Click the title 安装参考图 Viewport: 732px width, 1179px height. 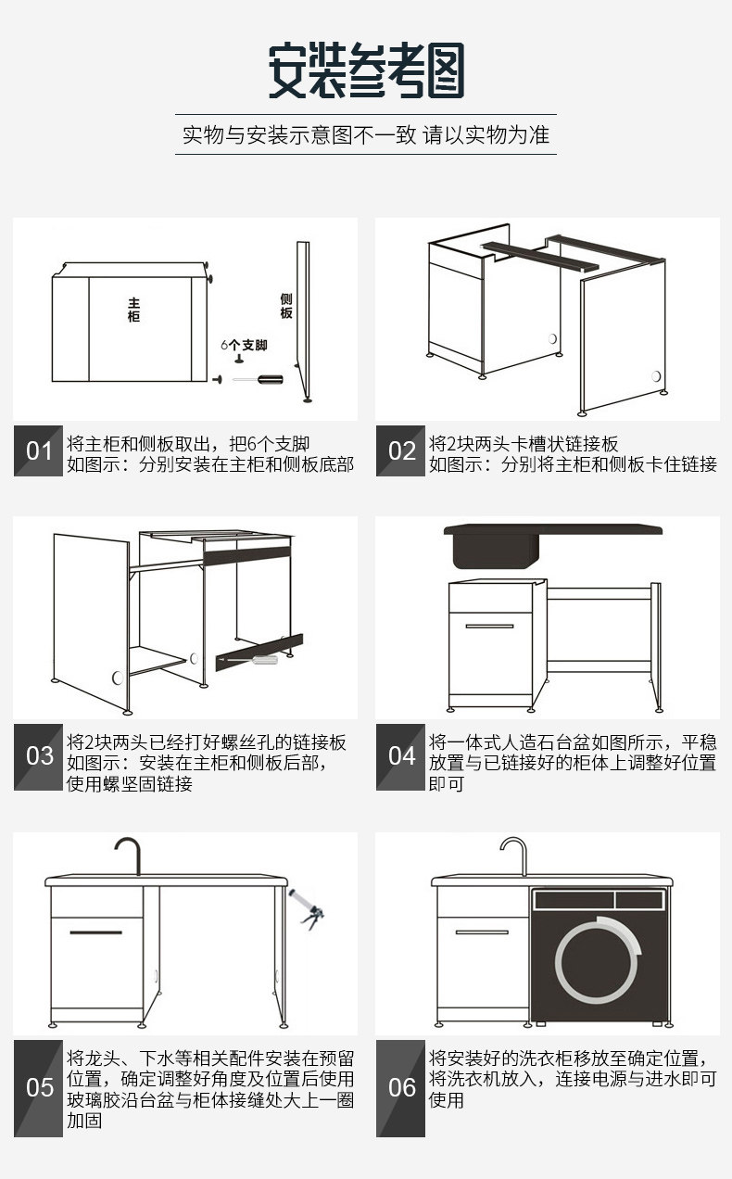point(366,71)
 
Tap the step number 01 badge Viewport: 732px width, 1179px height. point(39,451)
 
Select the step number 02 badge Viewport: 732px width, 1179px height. point(401,451)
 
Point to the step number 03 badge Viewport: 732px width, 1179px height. point(39,756)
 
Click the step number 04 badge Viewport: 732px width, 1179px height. point(401,756)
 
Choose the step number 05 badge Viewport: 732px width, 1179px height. point(39,1087)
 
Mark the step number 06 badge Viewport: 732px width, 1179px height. point(401,1087)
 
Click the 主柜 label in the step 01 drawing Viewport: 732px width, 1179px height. point(134,310)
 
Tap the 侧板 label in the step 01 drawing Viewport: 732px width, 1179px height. point(286,306)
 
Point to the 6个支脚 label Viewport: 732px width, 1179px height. point(244,345)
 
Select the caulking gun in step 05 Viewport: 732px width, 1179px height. point(306,906)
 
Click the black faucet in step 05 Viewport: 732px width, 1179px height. point(130,854)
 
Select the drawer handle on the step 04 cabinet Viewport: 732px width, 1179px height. point(489,627)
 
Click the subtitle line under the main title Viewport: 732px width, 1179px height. point(366,134)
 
